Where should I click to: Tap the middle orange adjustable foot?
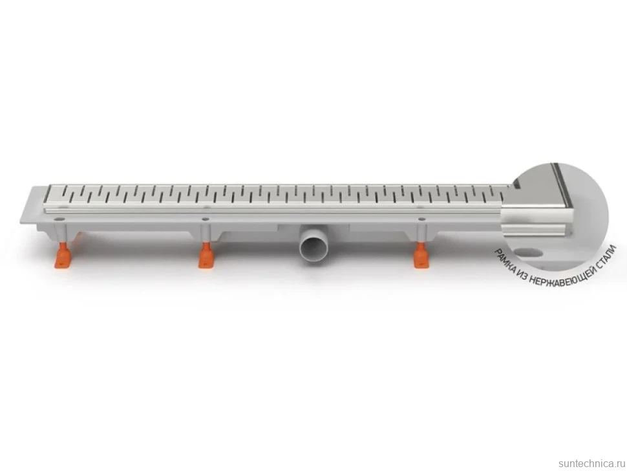click(x=206, y=256)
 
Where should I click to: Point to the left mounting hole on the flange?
click(x=60, y=219)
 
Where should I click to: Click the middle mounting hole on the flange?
click(x=205, y=219)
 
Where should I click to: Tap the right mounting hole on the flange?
click(x=421, y=219)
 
